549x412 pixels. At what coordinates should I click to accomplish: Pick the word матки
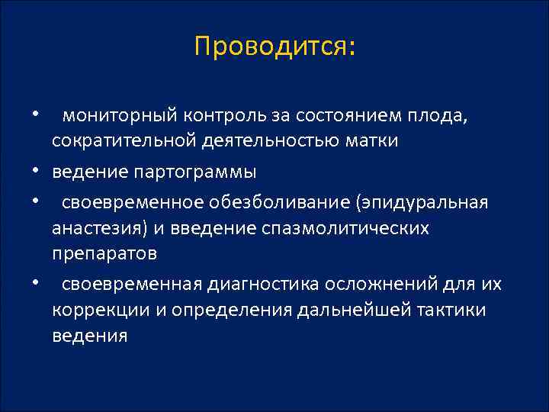point(371,142)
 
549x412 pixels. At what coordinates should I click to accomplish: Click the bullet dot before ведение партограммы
point(35,171)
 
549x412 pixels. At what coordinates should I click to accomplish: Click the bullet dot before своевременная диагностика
point(35,283)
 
